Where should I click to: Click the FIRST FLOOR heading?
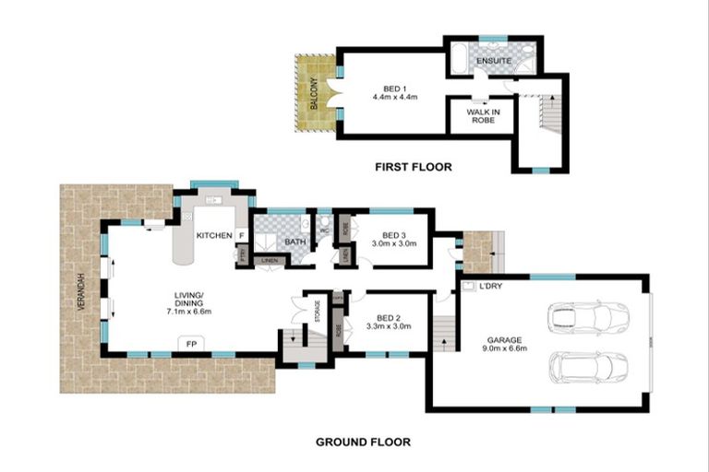pos(413,167)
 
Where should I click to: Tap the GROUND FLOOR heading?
pos(363,442)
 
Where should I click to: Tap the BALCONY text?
pos(314,92)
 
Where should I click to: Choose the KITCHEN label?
pos(214,236)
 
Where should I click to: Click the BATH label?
pos(294,242)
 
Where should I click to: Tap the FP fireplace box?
pos(192,344)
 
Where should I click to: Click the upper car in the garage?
pos(587,319)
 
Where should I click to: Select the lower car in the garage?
pos(587,367)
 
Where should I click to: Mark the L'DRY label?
pos(491,287)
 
